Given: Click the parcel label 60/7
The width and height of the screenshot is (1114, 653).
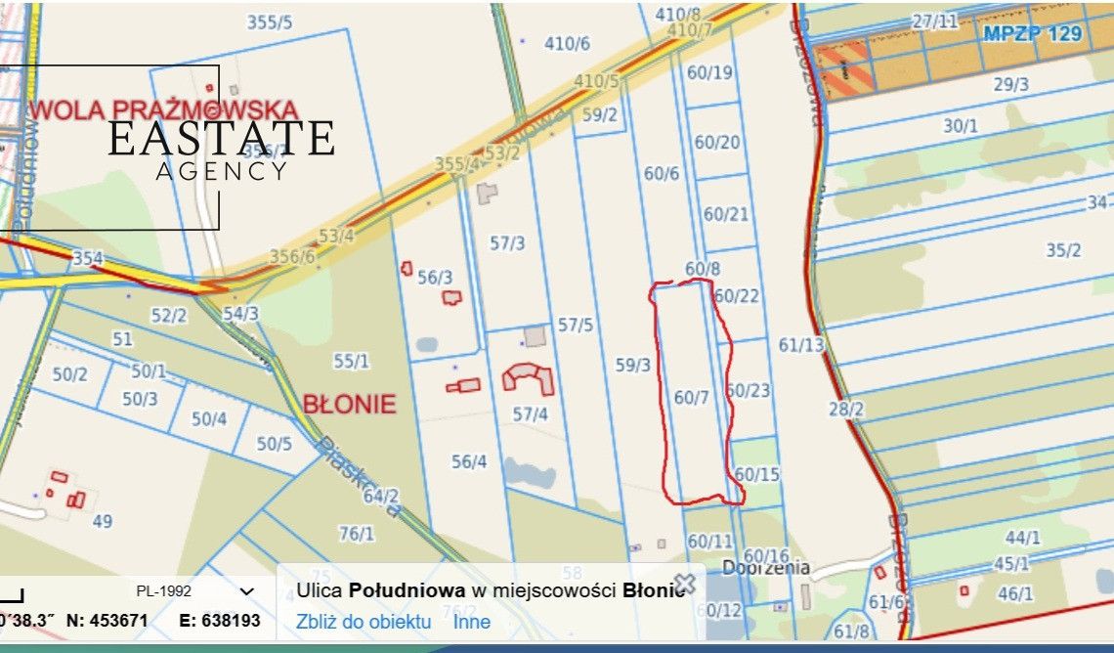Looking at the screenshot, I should tap(691, 397).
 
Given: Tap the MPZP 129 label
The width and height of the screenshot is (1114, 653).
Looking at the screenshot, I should tap(1033, 33).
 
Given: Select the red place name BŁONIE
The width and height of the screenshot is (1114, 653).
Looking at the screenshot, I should tap(350, 404).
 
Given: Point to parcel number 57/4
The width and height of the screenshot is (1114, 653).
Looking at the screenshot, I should tap(530, 414).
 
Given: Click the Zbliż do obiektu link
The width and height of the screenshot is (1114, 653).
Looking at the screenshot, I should tap(364, 622).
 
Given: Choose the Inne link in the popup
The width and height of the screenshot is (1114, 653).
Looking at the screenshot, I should tap(472, 622).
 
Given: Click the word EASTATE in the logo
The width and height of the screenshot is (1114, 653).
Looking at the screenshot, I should tap(221, 139).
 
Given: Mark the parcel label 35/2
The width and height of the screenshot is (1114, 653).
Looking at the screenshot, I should tap(1063, 250).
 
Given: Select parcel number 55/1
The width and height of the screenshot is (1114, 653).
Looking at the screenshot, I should tap(352, 361).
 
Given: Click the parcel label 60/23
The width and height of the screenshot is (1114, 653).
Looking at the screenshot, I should tap(750, 391).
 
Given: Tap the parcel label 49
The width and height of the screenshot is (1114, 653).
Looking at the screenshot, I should tap(103, 521).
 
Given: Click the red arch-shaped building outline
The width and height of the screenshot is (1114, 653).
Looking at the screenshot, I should tap(529, 376).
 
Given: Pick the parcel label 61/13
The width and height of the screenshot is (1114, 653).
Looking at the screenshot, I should tap(801, 344).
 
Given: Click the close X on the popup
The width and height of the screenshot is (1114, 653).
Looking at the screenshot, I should tap(685, 584).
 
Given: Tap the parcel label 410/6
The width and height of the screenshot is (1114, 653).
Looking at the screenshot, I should tap(567, 43).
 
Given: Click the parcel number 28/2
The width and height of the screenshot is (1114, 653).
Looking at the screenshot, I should tap(846, 409).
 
